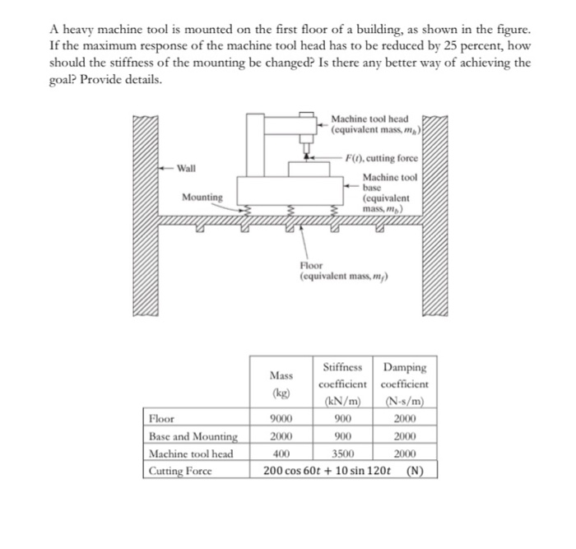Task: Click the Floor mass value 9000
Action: pos(281,418)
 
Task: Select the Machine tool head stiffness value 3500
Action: pos(344,454)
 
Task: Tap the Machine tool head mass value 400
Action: pos(281,454)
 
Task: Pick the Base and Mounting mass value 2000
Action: pos(281,436)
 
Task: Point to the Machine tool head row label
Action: pos(191,454)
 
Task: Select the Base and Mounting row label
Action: pos(193,436)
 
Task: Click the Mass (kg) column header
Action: pos(281,384)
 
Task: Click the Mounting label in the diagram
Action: pos(202,198)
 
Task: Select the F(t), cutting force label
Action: pos(383,158)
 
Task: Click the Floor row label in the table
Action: pos(161,418)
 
